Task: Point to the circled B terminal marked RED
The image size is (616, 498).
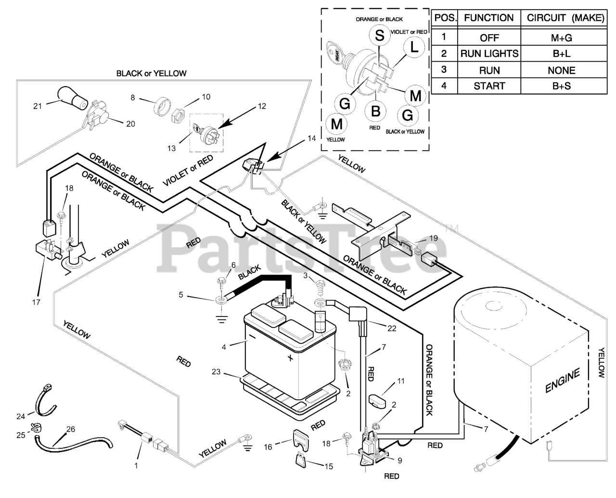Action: (375, 111)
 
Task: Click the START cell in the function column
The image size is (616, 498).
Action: (489, 86)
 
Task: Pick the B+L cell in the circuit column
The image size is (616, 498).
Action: (561, 54)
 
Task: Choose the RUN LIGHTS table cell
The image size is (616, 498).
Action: (489, 54)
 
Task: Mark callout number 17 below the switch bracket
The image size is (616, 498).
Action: (36, 302)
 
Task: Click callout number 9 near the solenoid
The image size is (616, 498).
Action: (399, 460)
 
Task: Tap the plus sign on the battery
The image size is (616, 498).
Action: (290, 358)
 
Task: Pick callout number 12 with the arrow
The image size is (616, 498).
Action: (261, 106)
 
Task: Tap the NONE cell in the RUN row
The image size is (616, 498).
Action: (561, 70)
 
